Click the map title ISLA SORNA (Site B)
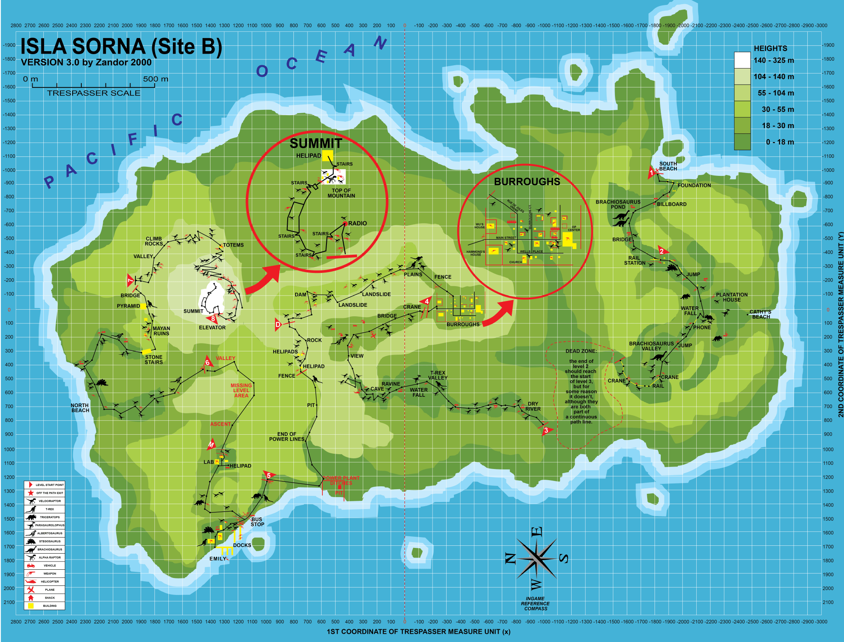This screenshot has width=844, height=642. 121,46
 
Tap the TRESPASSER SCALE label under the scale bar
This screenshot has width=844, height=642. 94,93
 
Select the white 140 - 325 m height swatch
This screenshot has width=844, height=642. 742,60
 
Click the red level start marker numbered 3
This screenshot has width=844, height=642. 546,430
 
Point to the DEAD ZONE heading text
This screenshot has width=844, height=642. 581,351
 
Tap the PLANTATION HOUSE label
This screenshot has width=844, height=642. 732,297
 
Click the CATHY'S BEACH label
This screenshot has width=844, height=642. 760,314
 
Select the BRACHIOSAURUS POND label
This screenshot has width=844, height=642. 618,204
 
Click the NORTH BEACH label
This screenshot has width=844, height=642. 80,408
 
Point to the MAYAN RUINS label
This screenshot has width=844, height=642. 161,331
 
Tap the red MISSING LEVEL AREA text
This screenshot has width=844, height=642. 241,390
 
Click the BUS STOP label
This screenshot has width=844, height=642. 257,522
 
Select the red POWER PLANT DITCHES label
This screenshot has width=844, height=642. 341,480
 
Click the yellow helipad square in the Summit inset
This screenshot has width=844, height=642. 327,155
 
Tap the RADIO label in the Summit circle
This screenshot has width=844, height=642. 357,223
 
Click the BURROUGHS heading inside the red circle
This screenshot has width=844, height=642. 527,182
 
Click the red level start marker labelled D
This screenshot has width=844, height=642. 278,325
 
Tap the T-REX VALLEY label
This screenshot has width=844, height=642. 438,375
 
